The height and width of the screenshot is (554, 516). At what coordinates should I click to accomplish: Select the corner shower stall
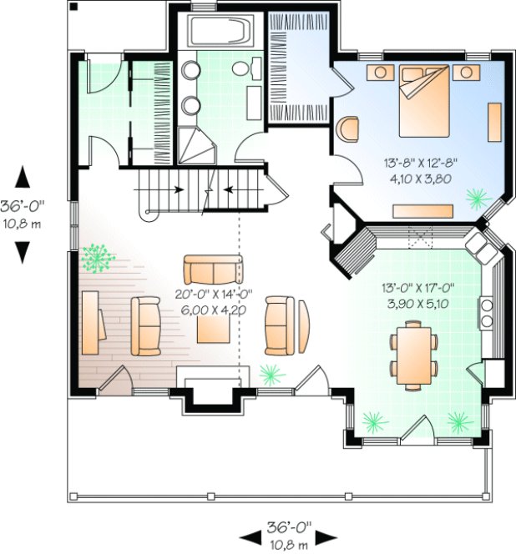point(198,145)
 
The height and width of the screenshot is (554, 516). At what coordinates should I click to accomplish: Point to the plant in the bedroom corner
point(478,198)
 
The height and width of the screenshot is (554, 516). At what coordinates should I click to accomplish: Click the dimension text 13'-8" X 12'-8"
point(420,163)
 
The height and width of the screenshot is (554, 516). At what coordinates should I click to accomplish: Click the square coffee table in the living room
point(215,326)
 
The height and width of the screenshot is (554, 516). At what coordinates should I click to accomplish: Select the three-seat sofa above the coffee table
point(214,270)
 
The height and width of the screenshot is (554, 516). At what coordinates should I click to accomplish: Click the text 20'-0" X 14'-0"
point(211,294)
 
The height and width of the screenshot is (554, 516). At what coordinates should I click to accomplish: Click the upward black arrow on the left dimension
point(23,178)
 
